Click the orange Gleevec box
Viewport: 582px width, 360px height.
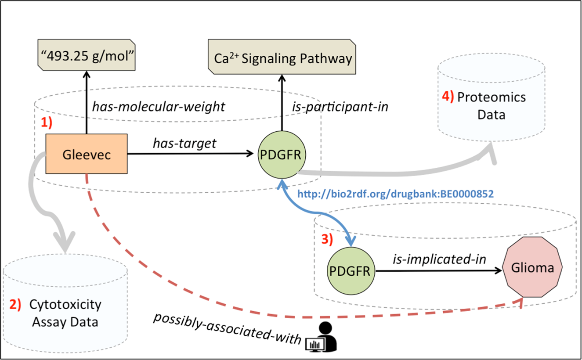(x=87, y=154)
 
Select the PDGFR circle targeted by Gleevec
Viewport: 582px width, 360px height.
(x=282, y=155)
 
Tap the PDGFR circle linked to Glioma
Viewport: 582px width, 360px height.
(x=351, y=271)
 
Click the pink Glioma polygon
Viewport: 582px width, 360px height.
(x=532, y=267)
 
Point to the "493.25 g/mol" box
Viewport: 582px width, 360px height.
(x=87, y=55)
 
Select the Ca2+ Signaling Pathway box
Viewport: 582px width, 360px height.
(x=282, y=57)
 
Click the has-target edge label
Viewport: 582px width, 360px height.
(x=184, y=144)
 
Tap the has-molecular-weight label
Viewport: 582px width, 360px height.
(x=159, y=107)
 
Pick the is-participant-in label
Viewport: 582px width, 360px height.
(x=340, y=107)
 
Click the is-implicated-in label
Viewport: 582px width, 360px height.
(x=439, y=259)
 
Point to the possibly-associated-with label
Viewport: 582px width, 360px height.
(x=228, y=328)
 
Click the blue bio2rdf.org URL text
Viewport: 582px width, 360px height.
(x=395, y=194)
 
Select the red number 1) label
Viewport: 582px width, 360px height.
(x=47, y=122)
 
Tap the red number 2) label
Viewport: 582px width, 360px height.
(x=15, y=304)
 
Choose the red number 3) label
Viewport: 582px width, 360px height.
(x=327, y=239)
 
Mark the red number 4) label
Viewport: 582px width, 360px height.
(x=448, y=97)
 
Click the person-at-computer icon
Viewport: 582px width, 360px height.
(x=322, y=337)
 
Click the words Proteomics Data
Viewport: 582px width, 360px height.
(x=492, y=106)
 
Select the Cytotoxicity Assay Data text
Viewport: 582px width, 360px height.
(x=65, y=313)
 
